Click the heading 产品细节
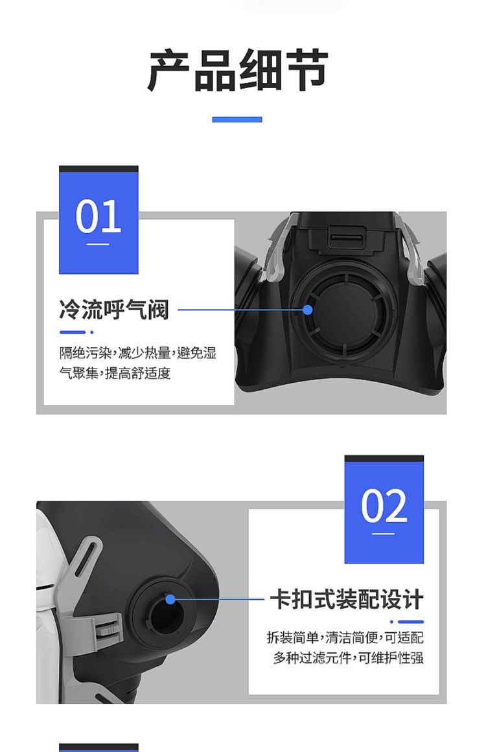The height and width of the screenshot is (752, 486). click(238, 70)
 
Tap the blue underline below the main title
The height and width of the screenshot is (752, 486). click(237, 119)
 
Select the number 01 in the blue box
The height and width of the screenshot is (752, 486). click(98, 216)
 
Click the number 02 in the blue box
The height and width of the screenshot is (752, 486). click(384, 505)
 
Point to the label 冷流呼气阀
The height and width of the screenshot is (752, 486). click(114, 310)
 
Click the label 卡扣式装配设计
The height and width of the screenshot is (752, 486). click(347, 600)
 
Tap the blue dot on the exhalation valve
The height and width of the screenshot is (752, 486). click(308, 310)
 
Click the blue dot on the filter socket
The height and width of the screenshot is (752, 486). click(170, 599)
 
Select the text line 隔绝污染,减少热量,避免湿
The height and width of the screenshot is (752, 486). click(137, 353)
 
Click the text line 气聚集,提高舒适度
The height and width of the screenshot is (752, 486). click(115, 372)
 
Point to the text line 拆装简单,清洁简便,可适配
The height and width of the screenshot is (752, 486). click(345, 637)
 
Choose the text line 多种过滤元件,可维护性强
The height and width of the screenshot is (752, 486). click(349, 657)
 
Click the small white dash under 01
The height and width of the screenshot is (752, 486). click(98, 244)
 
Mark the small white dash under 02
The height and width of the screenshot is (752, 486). click(384, 533)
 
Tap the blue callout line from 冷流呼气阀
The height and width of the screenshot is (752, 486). click(242, 310)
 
